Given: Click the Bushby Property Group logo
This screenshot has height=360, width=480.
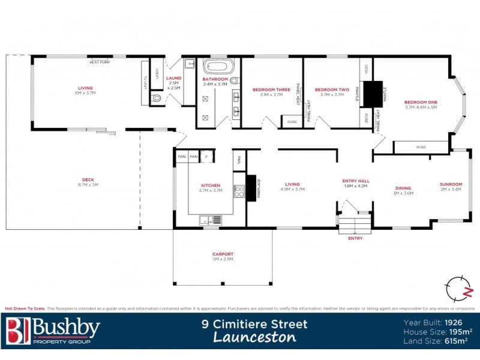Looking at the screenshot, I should pos(53,331).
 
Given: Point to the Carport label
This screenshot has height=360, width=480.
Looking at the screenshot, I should pos(223,254).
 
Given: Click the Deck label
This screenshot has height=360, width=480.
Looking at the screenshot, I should pos(88,181).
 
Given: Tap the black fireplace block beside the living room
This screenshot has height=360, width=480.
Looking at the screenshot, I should pos(251,188).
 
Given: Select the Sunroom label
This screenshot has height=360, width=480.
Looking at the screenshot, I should pos(451,184).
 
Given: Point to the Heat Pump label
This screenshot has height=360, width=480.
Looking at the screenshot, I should pos(99,62).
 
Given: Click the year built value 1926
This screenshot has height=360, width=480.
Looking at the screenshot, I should pos(458,322).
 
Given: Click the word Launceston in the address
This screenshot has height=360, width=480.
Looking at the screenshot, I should pos(254,337).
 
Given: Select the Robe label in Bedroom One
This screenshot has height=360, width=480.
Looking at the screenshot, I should pos(421,146).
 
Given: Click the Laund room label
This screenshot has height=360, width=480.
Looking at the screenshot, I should pos(174,78).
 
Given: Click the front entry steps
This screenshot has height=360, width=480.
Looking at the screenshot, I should pos(355,226).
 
